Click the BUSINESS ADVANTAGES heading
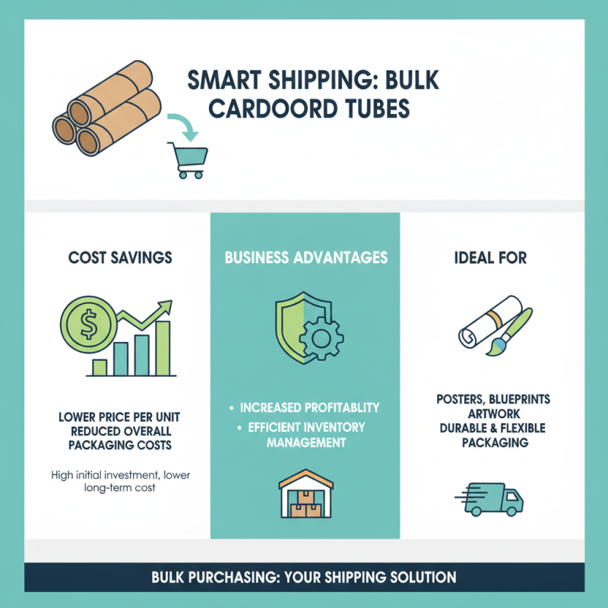tap(306, 258)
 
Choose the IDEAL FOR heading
tap(491, 258)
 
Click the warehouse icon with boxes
tap(306, 499)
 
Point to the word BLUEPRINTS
tap(524, 399)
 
